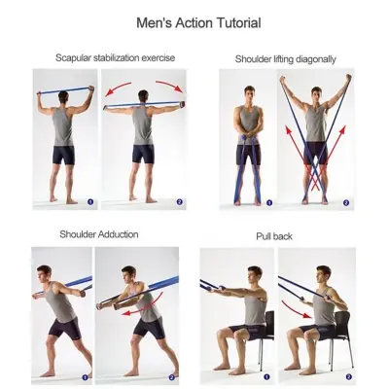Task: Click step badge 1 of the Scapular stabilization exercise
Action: click(x=89, y=202)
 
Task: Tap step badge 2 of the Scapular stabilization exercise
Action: click(x=179, y=202)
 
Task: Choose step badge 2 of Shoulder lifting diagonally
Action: click(x=344, y=202)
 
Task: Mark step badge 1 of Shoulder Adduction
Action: click(x=86, y=376)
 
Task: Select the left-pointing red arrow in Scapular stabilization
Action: click(x=118, y=90)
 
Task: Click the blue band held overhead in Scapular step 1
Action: click(x=64, y=90)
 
